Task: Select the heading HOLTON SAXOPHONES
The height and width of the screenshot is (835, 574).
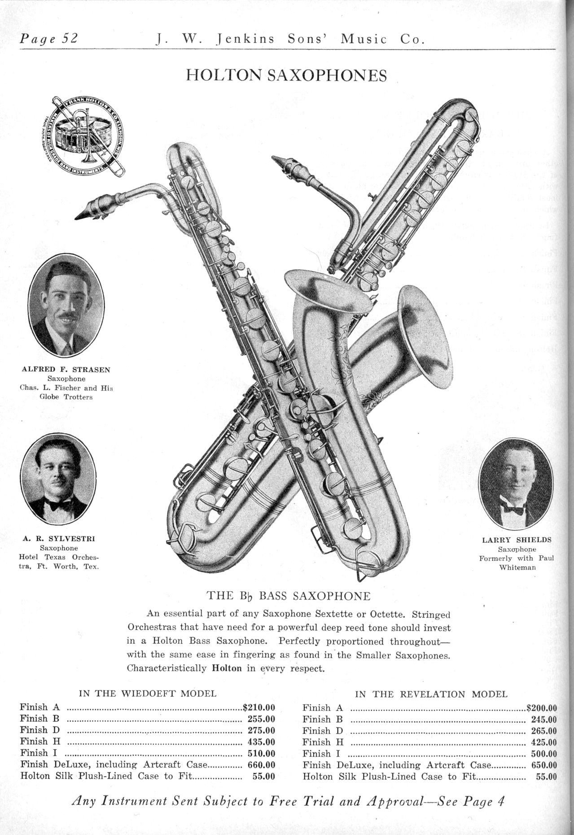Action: pyautogui.click(x=286, y=75)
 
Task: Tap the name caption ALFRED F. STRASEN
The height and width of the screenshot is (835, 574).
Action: pyautogui.click(x=66, y=370)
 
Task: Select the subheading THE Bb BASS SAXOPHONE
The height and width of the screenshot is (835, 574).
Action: pyautogui.click(x=288, y=596)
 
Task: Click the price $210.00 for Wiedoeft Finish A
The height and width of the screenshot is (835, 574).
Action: pyautogui.click(x=259, y=708)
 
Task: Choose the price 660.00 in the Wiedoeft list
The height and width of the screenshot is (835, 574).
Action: pyautogui.click(x=261, y=765)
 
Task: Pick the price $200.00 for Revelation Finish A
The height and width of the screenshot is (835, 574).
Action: pyautogui.click(x=541, y=708)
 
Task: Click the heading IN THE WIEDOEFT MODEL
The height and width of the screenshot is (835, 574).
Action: pyautogui.click(x=148, y=693)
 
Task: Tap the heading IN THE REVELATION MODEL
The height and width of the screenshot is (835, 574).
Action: pyautogui.click(x=431, y=694)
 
